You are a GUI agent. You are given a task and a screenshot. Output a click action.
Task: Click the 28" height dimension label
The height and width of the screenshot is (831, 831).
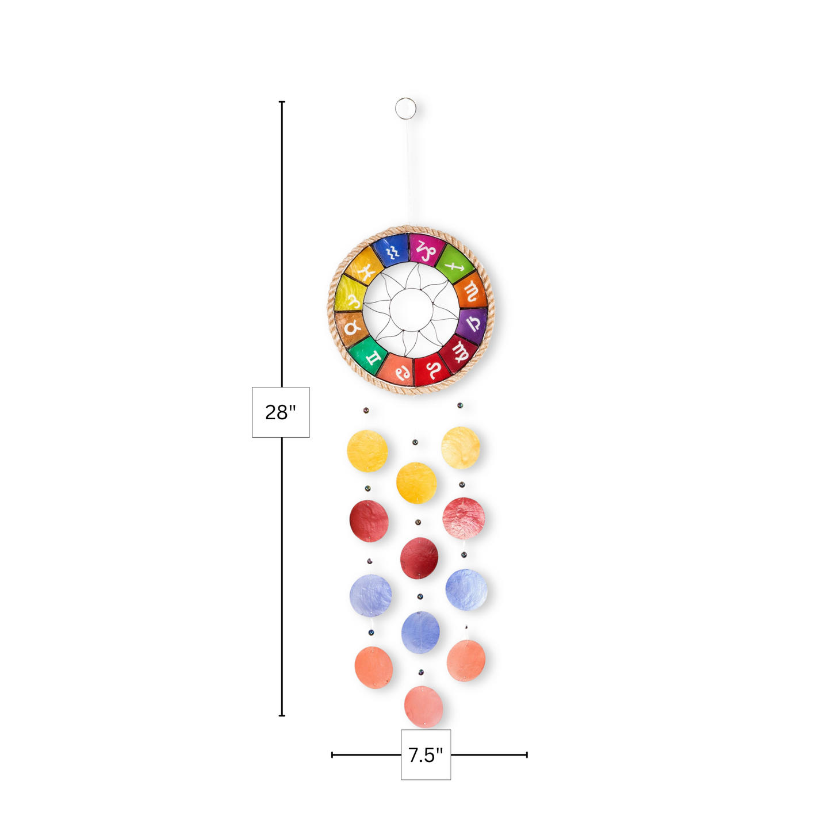click(x=281, y=412)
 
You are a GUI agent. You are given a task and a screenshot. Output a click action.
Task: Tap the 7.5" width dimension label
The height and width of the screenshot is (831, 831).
click(x=426, y=755)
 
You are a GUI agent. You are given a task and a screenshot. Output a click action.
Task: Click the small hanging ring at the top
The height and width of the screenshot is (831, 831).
click(x=405, y=108)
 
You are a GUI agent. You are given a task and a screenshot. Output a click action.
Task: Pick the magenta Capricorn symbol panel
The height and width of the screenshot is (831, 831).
click(x=426, y=249)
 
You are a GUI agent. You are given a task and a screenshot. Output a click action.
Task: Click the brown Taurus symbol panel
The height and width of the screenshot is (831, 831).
click(x=351, y=328)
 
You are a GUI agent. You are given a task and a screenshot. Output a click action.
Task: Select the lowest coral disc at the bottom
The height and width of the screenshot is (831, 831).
click(x=423, y=706)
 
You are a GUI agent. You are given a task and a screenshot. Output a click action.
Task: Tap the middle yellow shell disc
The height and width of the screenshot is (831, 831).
click(x=416, y=482)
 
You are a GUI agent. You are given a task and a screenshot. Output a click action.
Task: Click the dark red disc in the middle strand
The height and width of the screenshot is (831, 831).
click(x=419, y=558)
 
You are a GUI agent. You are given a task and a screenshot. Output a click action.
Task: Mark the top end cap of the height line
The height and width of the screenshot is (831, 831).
click(x=282, y=102)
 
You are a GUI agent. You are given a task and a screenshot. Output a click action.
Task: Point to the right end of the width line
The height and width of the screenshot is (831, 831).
click(x=527, y=755)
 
